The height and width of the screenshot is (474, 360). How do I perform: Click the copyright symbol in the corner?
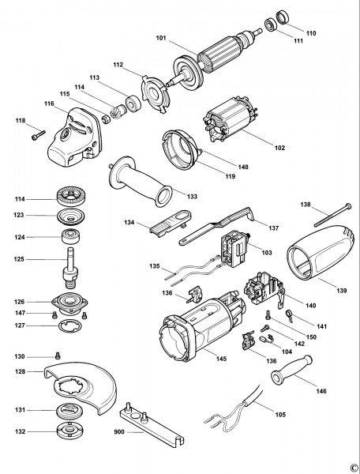pos(353,466)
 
